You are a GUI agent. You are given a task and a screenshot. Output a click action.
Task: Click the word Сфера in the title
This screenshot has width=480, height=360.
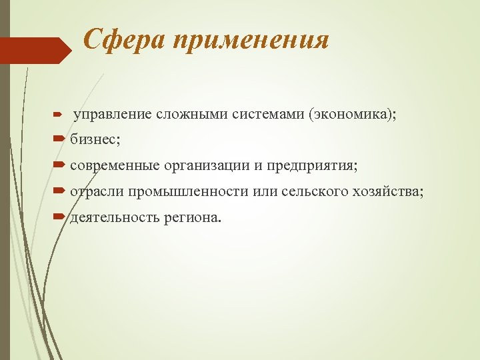[125, 41]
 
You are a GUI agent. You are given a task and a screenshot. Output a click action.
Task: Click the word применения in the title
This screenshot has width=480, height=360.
[251, 42]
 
